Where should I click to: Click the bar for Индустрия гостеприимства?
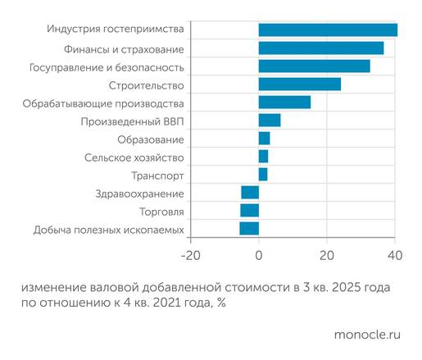click(328, 30)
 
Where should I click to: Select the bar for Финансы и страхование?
click(321, 48)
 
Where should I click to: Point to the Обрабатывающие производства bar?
click(284, 103)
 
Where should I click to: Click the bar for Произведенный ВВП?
click(270, 121)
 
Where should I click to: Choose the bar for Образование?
click(264, 138)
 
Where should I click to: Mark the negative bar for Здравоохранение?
click(250, 193)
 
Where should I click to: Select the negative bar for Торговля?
click(249, 211)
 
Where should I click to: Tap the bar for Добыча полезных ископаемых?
click(249, 229)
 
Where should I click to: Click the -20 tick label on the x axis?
click(190, 254)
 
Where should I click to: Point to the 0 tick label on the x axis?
click(259, 254)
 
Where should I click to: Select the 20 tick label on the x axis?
click(327, 254)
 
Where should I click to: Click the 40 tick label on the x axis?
click(395, 254)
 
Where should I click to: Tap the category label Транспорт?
click(157, 175)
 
